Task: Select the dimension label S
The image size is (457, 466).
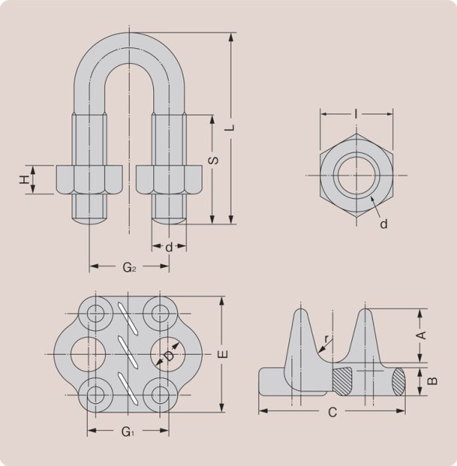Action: [x=213, y=161]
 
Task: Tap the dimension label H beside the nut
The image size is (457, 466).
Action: [x=25, y=179]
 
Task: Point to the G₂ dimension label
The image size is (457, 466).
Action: [x=130, y=268]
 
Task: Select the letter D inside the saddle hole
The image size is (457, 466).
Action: [x=169, y=356]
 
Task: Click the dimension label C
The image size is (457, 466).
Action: [x=332, y=412]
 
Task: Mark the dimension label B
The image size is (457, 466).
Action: [x=433, y=380]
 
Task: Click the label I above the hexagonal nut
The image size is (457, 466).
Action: [x=355, y=114]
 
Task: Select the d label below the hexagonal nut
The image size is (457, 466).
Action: [x=384, y=224]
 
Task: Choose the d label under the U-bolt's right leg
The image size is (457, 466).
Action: [x=169, y=248]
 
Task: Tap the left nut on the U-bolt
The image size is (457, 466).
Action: [x=87, y=179]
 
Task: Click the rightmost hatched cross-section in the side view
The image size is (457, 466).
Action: [x=398, y=381]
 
